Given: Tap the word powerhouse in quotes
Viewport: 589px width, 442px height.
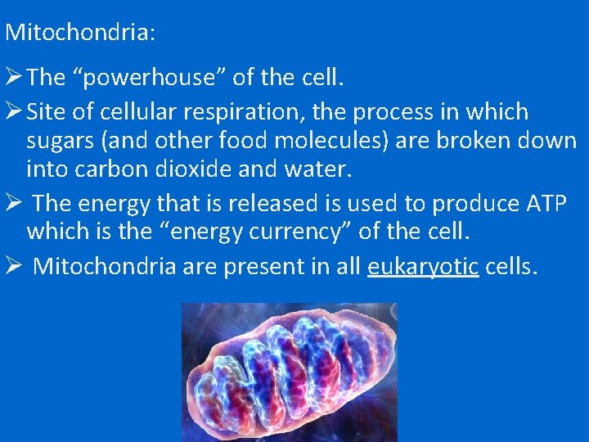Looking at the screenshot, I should point(149,78).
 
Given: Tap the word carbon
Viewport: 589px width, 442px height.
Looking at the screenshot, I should point(119,169).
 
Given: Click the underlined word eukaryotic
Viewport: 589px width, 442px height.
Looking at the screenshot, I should point(423,266).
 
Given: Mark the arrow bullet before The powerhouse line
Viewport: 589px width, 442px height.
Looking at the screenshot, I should point(14,78).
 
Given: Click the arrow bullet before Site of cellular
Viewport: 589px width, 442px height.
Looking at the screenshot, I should point(14,111).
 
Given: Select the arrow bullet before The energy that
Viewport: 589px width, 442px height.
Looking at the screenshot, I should point(14,203).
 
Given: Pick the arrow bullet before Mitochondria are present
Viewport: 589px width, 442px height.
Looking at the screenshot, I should point(14,266).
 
